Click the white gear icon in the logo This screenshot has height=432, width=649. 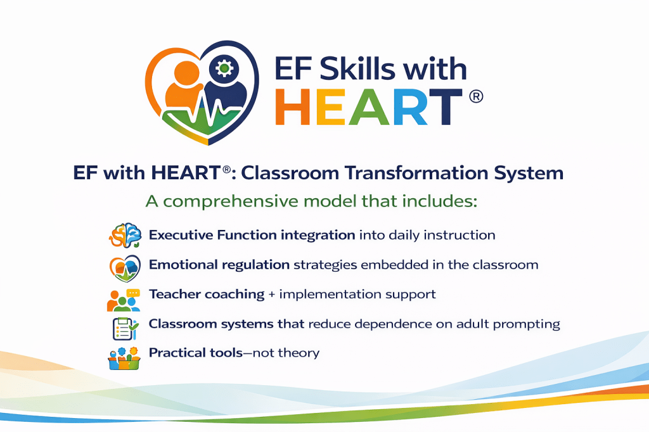coord(224,68)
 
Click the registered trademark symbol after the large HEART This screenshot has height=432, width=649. coord(476,97)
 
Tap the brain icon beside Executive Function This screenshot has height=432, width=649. coord(125,235)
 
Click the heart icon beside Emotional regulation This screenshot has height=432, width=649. coord(125,268)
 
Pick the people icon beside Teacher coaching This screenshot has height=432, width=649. coord(124,300)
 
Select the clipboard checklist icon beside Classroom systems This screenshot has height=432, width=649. coord(125,329)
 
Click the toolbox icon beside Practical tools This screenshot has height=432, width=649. coord(124,359)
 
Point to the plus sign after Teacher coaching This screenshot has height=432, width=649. coord(271,295)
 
